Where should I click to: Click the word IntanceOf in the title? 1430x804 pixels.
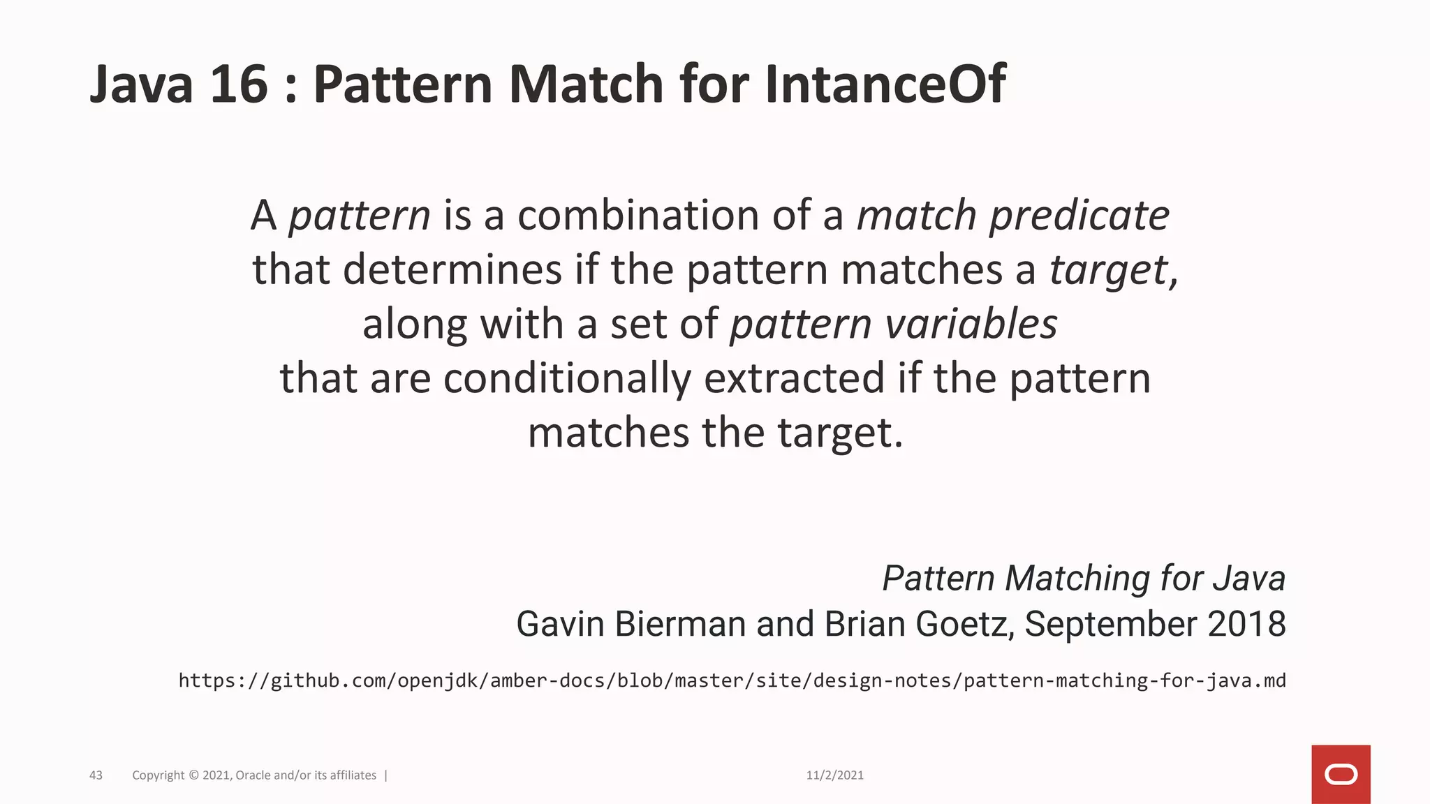point(885,84)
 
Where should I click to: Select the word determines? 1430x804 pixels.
point(452,269)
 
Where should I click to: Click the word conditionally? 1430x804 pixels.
point(567,378)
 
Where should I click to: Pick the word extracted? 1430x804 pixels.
point(795,378)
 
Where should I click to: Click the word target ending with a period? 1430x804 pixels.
point(840,433)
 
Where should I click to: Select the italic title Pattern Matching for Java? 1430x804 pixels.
point(1083,578)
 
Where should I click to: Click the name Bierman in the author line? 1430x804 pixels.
point(679,624)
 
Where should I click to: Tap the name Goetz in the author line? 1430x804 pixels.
point(964,624)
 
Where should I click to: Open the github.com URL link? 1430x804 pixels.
point(732,680)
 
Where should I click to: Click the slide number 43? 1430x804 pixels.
point(96,775)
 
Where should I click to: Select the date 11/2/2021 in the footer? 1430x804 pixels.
point(834,775)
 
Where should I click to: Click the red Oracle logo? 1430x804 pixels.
point(1341,775)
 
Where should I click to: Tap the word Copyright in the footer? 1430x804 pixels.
point(159,775)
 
